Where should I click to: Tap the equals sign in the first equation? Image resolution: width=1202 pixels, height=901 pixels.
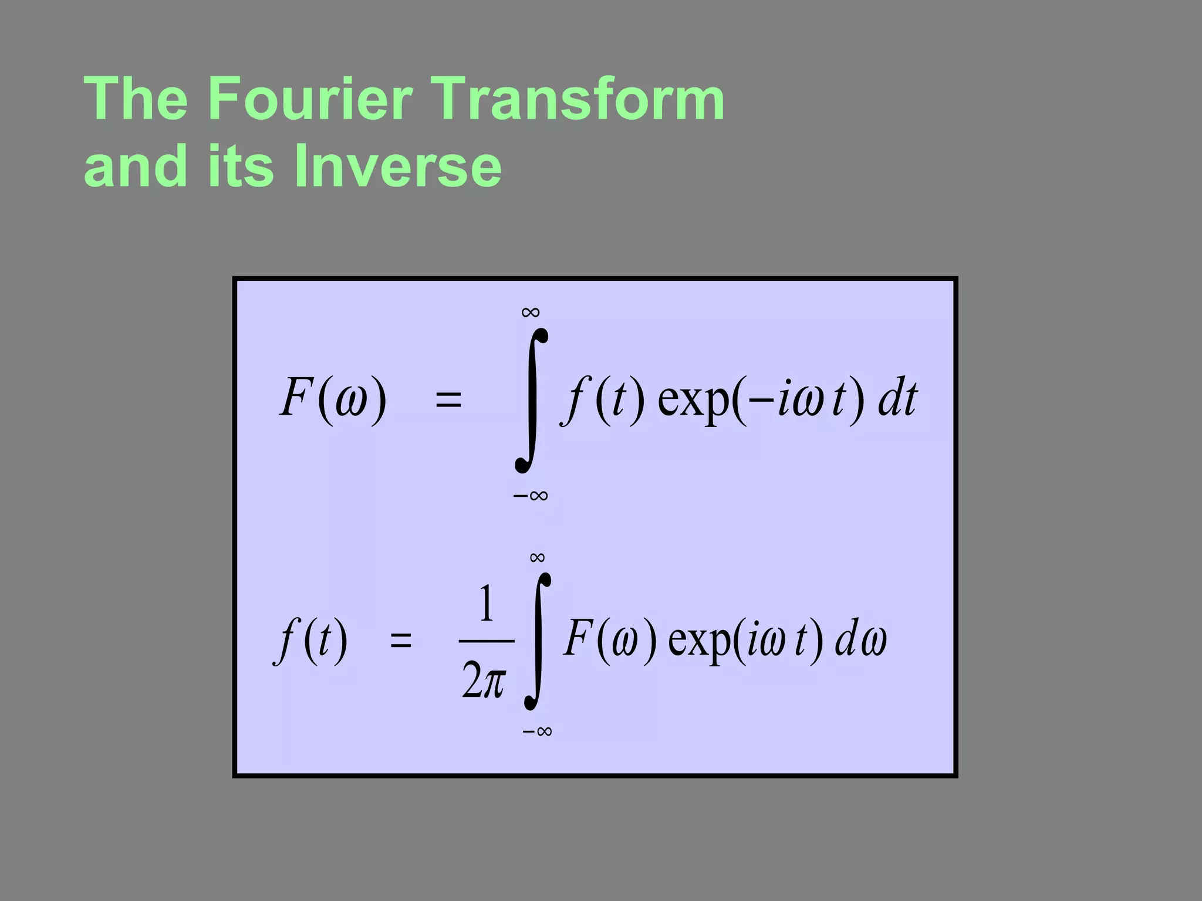click(448, 400)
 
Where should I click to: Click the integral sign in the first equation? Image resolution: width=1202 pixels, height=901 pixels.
click(532, 400)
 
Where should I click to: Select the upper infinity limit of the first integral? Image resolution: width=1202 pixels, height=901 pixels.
click(531, 312)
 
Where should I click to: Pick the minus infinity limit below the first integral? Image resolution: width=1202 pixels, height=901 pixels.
click(531, 496)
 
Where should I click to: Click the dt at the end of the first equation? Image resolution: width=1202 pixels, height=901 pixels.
click(897, 399)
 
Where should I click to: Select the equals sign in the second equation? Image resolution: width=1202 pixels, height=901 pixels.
click(401, 640)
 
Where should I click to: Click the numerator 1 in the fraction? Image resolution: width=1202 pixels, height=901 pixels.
click(486, 604)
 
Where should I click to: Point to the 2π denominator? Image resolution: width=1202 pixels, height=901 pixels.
click(484, 680)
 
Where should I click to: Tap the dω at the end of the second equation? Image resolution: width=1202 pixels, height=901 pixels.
click(861, 639)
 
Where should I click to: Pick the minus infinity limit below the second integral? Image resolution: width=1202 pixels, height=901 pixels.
click(538, 731)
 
